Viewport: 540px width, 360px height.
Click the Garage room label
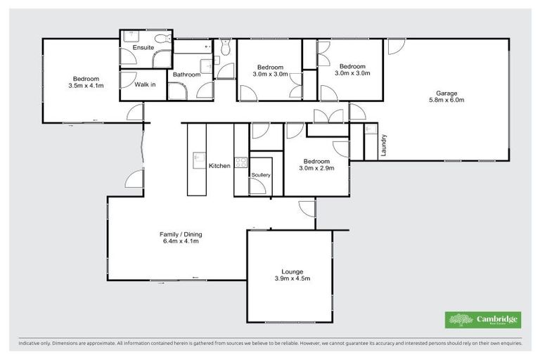(446, 93)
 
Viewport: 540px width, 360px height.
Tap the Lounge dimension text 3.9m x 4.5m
(292, 278)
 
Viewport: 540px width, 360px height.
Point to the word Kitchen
(219, 166)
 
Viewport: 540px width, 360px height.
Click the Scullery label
(261, 174)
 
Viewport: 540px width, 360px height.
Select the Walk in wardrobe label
(145, 85)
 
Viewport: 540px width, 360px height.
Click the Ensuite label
(143, 48)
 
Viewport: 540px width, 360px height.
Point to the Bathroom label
(187, 75)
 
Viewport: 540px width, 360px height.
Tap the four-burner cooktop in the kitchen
(241, 162)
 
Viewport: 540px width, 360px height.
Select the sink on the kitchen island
(198, 157)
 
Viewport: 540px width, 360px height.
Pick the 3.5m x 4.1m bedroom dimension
(86, 86)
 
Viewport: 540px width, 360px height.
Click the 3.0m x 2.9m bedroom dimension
(316, 168)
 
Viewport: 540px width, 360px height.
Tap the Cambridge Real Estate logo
(482, 320)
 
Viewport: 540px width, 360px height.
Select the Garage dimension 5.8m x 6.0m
(446, 100)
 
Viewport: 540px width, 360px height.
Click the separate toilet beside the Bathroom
(224, 48)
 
